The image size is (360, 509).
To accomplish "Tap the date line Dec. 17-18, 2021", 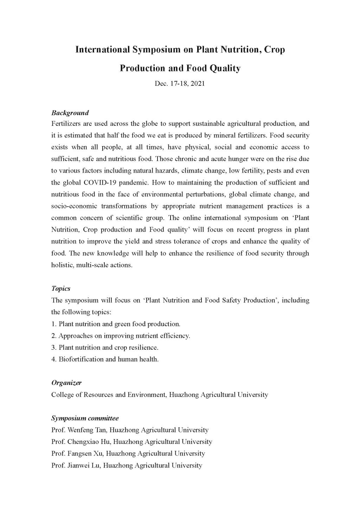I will [180, 84].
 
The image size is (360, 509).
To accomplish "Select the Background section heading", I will [70, 113].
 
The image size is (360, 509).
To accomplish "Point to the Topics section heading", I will [61, 289].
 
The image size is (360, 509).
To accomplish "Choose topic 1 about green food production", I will [116, 324].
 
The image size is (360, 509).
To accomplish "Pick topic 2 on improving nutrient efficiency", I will [121, 336].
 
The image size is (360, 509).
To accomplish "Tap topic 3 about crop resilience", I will [105, 347].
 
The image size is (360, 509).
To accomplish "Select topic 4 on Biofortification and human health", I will [105, 359].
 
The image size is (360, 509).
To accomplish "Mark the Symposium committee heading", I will [85, 418].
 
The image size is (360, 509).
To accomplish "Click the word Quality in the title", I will [225, 68].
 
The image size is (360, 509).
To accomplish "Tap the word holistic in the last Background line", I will [61, 265].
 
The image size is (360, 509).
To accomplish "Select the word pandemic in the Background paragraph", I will [136, 182].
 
